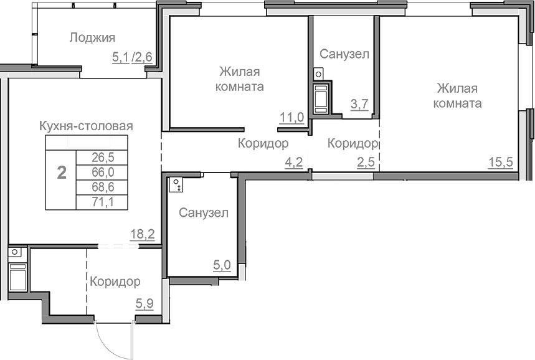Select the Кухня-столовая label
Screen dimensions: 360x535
click(x=86, y=126)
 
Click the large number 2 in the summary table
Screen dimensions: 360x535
click(x=61, y=173)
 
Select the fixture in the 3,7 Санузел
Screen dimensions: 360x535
click(x=321, y=97)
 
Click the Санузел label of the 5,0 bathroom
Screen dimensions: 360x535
click(x=203, y=213)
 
